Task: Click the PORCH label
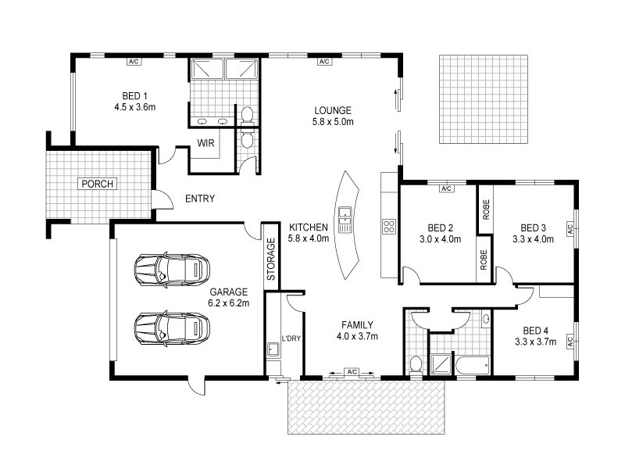coord(98,184)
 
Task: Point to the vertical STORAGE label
coord(271,260)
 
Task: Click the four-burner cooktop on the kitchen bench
coord(388,227)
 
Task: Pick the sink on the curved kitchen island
coord(345,213)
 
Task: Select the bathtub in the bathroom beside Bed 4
coord(471,363)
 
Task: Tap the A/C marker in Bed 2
coord(446,189)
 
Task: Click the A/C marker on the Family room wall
coord(352,372)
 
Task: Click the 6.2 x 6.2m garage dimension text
coord(228,301)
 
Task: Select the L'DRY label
coord(291,338)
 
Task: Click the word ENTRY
coord(199,199)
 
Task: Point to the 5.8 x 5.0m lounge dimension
coord(333,122)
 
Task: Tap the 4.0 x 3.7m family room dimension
coord(356,337)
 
